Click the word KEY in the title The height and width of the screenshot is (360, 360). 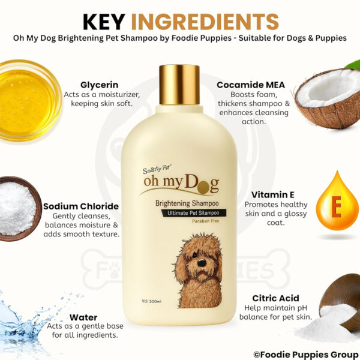104,22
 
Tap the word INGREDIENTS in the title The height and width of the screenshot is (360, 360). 205,22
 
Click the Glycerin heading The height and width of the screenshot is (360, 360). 100,85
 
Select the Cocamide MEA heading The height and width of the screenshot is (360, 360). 251,85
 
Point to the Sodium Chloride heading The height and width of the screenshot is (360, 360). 81,206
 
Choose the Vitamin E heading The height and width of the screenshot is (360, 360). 273,194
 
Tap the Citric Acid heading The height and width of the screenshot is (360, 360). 275,298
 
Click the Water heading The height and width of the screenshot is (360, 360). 83,317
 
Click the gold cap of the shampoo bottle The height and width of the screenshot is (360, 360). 179,85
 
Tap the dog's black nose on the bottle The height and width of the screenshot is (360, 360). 202,262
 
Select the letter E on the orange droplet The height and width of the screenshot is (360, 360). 337,207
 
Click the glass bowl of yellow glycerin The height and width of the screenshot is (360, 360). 29,101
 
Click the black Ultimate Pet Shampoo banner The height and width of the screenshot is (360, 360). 193,213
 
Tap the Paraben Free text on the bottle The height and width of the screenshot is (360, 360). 205,221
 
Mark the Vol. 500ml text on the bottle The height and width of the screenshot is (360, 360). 151,301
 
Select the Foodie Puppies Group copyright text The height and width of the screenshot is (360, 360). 306,354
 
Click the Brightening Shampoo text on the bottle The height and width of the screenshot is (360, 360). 187,203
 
